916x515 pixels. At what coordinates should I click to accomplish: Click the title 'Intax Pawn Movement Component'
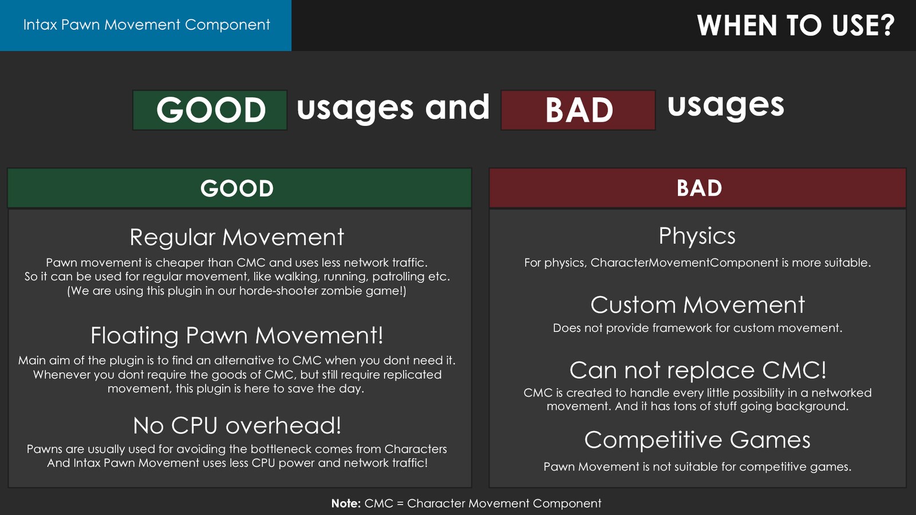click(146, 25)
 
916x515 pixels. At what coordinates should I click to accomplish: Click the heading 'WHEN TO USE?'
click(795, 26)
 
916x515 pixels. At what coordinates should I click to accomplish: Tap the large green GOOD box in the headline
click(210, 110)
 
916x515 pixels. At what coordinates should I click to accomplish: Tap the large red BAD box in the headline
click(578, 110)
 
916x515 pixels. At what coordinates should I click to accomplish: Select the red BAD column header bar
click(698, 188)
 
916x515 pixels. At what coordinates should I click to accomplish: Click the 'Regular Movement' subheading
click(236, 237)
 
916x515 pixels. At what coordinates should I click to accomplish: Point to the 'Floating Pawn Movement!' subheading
click(236, 335)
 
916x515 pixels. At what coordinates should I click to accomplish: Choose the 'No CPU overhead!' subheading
click(236, 426)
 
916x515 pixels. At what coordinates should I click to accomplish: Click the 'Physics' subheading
click(697, 236)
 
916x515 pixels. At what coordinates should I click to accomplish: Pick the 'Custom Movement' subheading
click(697, 305)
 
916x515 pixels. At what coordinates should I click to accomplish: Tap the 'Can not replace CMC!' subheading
click(697, 370)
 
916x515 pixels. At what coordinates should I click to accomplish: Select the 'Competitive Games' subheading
click(697, 440)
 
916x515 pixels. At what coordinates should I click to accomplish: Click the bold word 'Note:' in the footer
click(346, 504)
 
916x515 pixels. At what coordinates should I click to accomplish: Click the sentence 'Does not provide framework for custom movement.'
click(697, 328)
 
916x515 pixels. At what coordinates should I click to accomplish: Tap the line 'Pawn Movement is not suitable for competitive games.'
click(697, 467)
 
